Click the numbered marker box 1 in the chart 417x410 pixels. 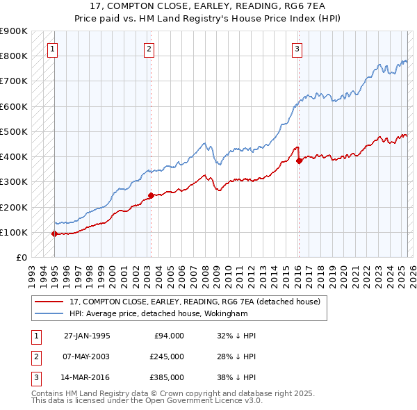[54, 49]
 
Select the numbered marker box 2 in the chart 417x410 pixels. [149, 49]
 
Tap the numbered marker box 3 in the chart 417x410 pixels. [297, 49]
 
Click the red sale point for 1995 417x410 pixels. [54, 233]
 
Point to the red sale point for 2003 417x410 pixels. [151, 196]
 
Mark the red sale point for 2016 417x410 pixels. [299, 161]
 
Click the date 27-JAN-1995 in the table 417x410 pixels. [87, 336]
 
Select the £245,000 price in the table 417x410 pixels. [167, 356]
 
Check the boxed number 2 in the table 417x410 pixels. [35, 356]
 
